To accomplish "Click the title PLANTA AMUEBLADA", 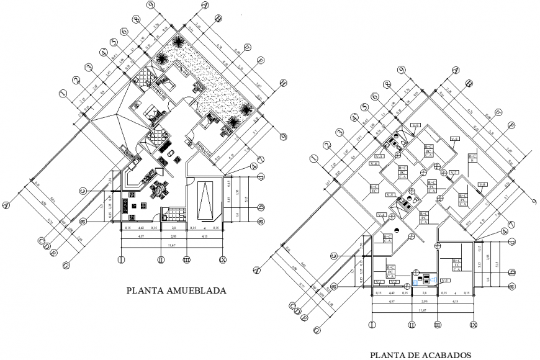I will point(176,290).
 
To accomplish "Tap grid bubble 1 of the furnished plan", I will point(63,93).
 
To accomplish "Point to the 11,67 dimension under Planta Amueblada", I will point(170,246).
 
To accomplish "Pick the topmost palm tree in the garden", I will point(178,43).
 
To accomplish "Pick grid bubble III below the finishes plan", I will point(437,325).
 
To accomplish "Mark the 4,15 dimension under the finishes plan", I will point(456,302).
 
